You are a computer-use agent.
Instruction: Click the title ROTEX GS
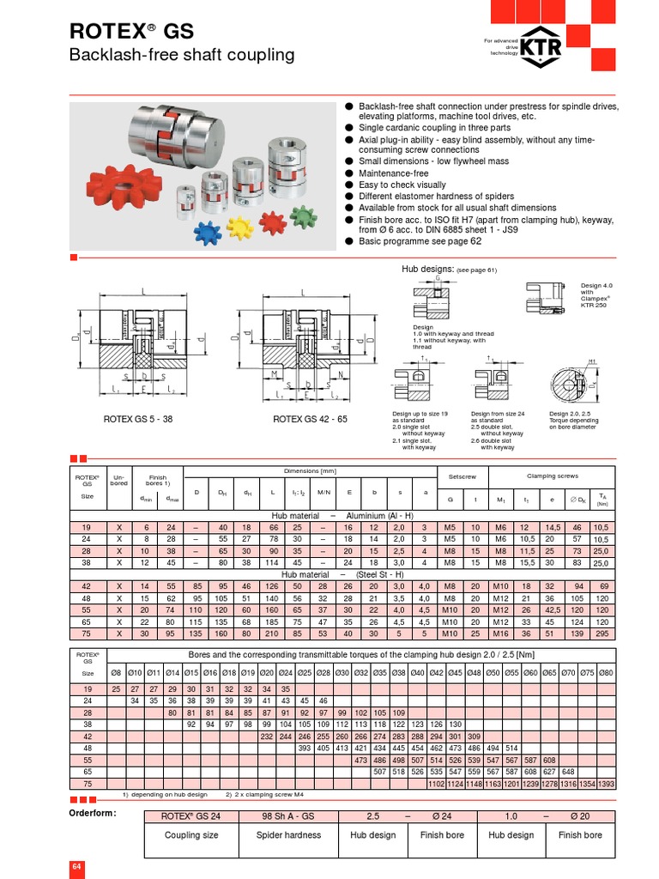pyautogui.click(x=131, y=33)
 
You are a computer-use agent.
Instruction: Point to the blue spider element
pyautogui.click(x=208, y=233)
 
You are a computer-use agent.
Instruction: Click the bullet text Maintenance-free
pyautogui.click(x=393, y=173)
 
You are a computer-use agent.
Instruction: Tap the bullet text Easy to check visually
pyautogui.click(x=402, y=185)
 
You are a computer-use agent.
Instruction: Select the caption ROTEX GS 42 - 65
pyautogui.click(x=311, y=420)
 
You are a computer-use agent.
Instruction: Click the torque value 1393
pyautogui.click(x=606, y=783)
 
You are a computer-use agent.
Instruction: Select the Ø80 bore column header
pyautogui.click(x=606, y=674)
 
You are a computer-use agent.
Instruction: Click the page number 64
pyautogui.click(x=76, y=867)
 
